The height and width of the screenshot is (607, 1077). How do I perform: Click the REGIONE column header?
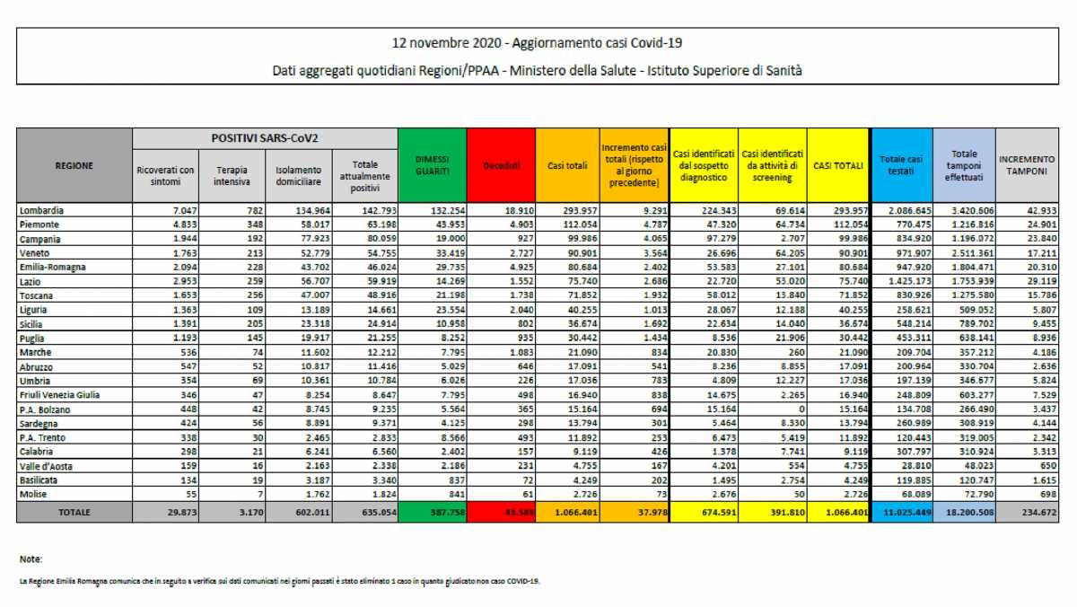point(74,165)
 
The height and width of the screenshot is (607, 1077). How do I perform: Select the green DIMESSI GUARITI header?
point(433,165)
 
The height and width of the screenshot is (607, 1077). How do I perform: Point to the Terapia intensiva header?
point(232,175)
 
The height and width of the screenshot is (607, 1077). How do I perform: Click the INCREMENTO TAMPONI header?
point(1027,165)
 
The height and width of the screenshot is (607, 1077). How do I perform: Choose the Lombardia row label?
point(44,209)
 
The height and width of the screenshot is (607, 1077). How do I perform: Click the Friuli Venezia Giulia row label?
point(59,394)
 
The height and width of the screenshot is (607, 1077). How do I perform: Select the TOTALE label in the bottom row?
point(74,512)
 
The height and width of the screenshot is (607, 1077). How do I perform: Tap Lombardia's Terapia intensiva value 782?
point(242,209)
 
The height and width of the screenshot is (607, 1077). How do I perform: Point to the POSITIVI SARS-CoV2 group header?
point(265,138)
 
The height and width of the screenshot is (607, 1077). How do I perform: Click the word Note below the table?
point(30,559)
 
